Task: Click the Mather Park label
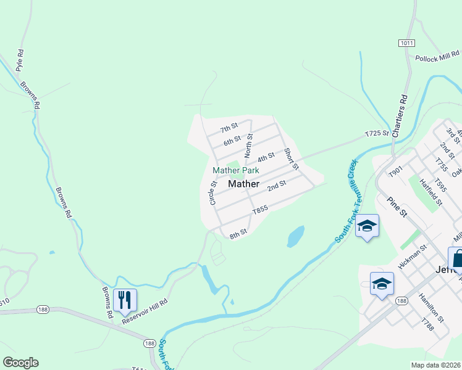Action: (235, 170)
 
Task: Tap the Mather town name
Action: (243, 184)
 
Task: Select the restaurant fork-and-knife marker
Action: (125, 300)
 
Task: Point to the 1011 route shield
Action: (406, 43)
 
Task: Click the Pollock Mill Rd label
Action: (437, 59)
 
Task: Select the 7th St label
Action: (229, 128)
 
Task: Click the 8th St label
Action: (238, 234)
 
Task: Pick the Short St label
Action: (291, 158)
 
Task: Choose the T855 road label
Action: (260, 210)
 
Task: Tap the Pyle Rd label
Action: (20, 60)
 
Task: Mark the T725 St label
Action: (377, 133)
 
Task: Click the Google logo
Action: (20, 363)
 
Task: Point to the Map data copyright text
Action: (436, 365)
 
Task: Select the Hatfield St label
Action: (432, 191)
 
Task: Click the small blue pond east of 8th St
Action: (296, 236)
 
